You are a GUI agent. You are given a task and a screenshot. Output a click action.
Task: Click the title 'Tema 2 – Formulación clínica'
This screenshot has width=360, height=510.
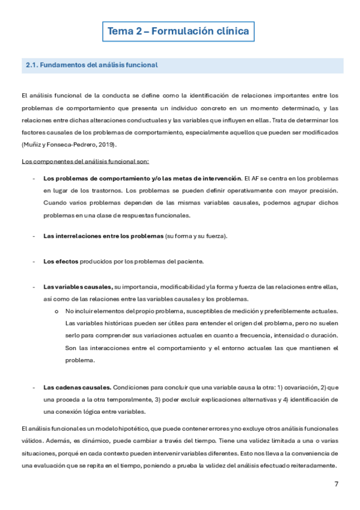[178, 31]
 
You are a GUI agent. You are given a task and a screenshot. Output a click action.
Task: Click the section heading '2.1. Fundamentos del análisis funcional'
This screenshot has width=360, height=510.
[91, 65]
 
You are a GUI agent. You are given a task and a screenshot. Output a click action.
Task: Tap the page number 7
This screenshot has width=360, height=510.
[336, 485]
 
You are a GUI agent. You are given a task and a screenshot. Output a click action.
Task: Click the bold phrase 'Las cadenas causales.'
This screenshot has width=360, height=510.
[77, 387]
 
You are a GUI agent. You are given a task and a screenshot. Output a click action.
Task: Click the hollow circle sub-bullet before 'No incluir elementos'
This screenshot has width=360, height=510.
[56, 311]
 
